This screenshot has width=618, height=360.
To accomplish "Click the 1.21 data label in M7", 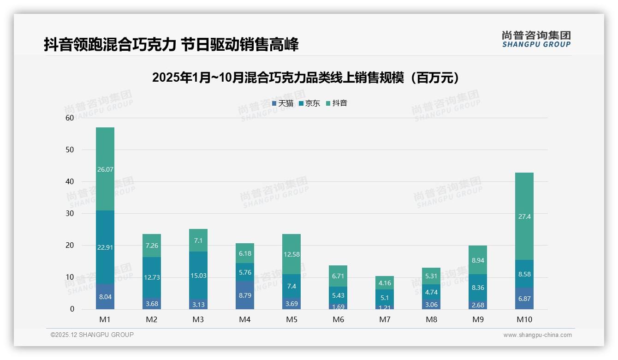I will pos(385,307).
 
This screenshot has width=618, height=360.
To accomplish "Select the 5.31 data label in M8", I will pos(431,276).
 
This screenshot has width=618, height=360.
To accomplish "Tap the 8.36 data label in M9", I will pos(478,288).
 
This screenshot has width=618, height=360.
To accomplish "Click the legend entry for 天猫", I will pos(283,103).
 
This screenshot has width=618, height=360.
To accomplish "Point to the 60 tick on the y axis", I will pos(70,118).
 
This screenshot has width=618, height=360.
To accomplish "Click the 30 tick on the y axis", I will pos(70,214).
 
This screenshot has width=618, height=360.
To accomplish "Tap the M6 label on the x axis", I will pos(338,319).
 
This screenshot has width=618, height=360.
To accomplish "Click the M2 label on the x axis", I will pos(152,319).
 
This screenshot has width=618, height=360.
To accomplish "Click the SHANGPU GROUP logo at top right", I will pos(536,39).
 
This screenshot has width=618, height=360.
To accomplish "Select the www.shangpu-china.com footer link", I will pos(537,335).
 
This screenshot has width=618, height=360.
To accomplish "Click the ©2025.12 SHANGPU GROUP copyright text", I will pos(92,335).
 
